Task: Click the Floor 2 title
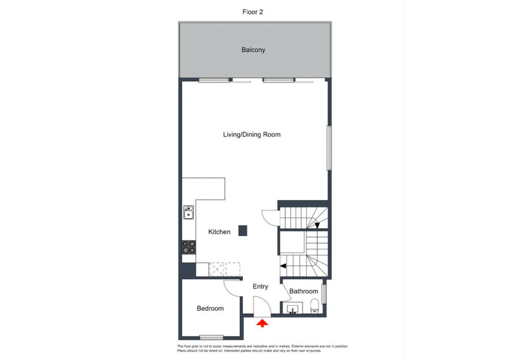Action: [253, 12]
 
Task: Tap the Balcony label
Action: [253, 50]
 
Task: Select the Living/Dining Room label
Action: [252, 135]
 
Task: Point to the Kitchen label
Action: [219, 232]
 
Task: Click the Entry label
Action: [260, 286]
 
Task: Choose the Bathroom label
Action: [304, 291]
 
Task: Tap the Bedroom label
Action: [210, 308]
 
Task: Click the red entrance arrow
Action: [262, 323]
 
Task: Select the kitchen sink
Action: [188, 212]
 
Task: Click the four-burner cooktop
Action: [188, 247]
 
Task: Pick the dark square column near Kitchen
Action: [243, 231]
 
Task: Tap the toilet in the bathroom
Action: [315, 306]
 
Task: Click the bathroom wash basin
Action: [292, 308]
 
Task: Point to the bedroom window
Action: [211, 338]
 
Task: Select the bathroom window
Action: [324, 294]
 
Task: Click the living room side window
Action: [329, 148]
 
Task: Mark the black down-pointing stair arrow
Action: [317, 225]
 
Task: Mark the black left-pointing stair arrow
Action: [283, 266]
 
